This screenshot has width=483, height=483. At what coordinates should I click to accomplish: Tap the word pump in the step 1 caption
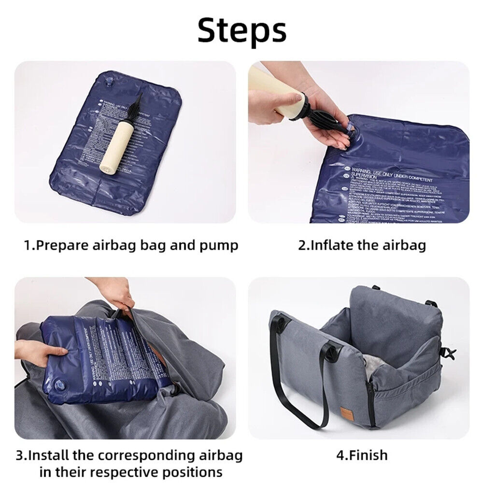point(219,245)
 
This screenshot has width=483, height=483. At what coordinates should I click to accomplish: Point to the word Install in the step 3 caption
point(55,455)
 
